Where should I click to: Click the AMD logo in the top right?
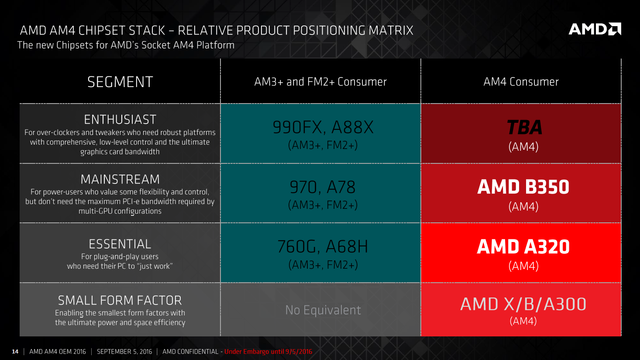[x=595, y=29]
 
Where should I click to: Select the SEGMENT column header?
[x=120, y=82]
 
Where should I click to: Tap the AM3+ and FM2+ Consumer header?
[x=320, y=82]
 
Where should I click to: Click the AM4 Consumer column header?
[x=521, y=82]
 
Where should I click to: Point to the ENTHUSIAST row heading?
[x=120, y=120]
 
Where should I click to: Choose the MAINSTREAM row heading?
[x=120, y=179]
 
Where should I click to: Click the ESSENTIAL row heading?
[x=120, y=244]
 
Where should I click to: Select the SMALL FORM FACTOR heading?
[x=120, y=300]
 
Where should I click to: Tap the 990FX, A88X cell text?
[x=323, y=127]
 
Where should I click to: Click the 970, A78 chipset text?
[x=323, y=187]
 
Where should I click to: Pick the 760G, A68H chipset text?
[x=323, y=246]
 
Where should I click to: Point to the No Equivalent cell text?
[x=323, y=310]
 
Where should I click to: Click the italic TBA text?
[x=524, y=127]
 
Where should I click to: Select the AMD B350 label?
[x=523, y=187]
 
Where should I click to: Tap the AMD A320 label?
[x=523, y=247]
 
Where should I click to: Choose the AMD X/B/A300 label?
[x=523, y=304]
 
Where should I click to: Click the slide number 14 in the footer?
[x=15, y=351]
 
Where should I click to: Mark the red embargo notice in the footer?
[x=268, y=351]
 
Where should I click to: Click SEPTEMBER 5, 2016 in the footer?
[x=124, y=351]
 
